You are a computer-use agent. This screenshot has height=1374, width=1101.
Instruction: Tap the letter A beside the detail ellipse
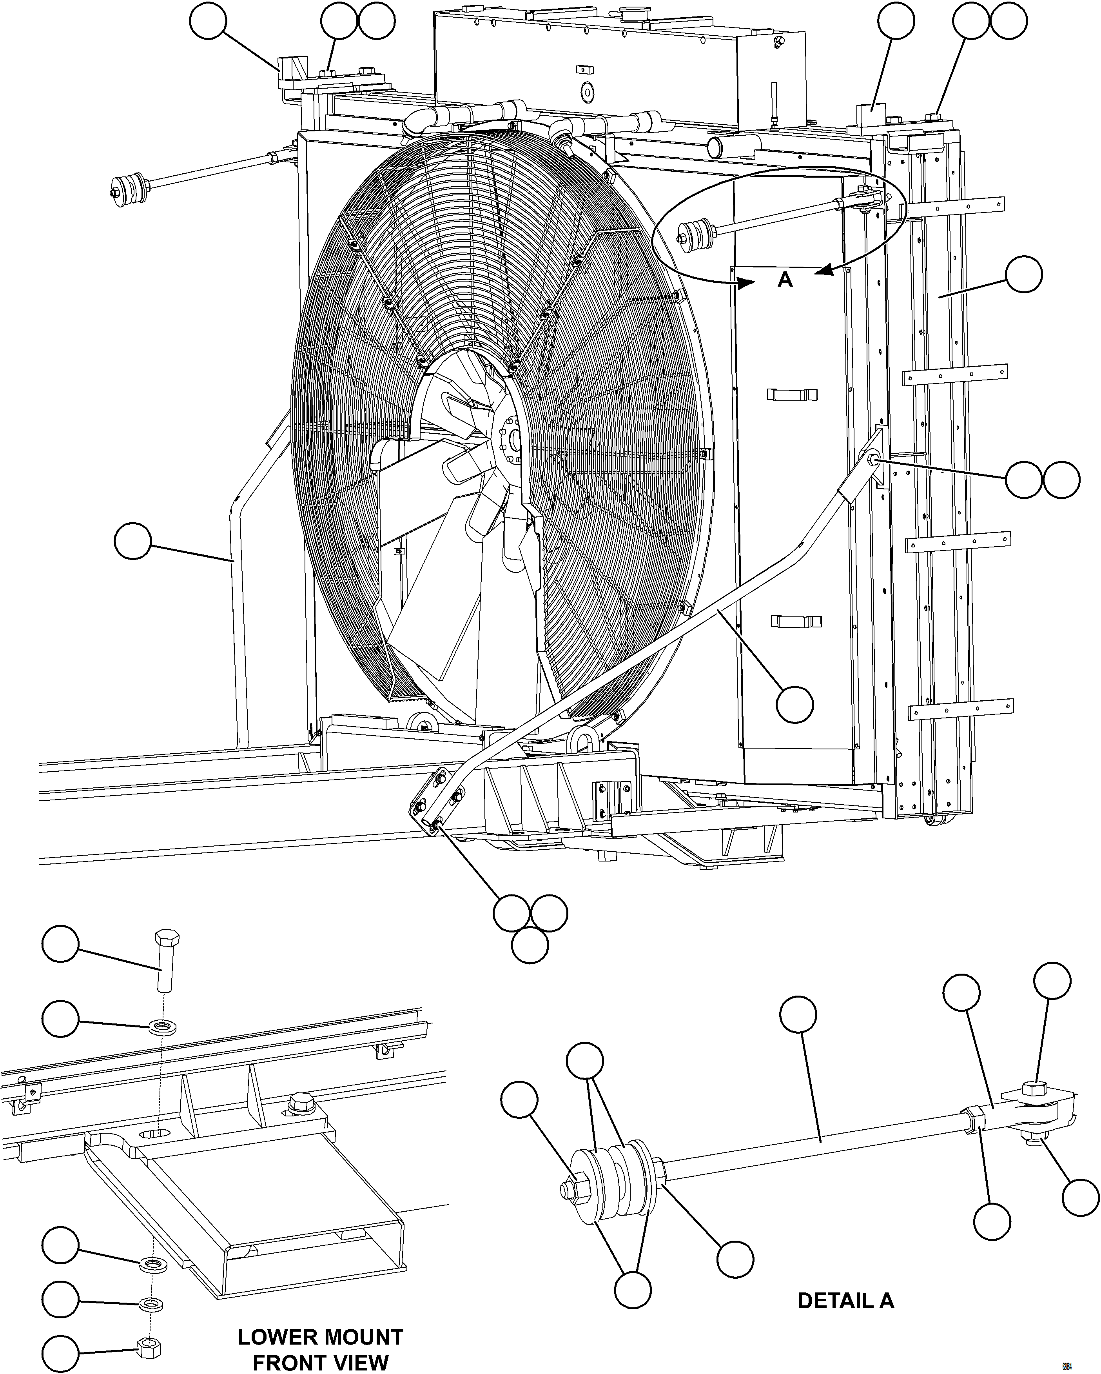tap(785, 279)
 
